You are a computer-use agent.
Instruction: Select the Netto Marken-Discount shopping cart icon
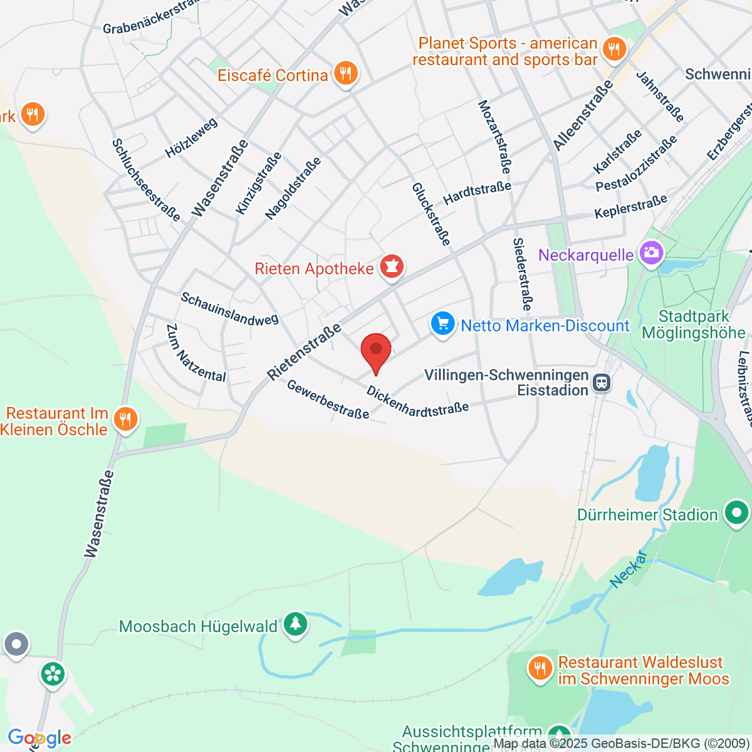443,325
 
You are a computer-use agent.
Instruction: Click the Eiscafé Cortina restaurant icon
345,75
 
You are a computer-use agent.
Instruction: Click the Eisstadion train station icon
602,382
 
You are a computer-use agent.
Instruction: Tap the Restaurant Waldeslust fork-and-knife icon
540,669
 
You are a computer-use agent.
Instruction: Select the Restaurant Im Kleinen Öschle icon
125,420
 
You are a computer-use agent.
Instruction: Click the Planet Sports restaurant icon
614,50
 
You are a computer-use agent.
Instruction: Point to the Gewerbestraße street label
328,399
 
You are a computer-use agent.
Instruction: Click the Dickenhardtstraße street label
417,401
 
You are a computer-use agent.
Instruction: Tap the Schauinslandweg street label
229,309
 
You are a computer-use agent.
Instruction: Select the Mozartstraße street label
494,137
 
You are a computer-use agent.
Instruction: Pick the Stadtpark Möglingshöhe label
693,325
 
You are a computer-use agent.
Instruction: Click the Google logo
39,738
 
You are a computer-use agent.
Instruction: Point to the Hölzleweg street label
191,138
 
